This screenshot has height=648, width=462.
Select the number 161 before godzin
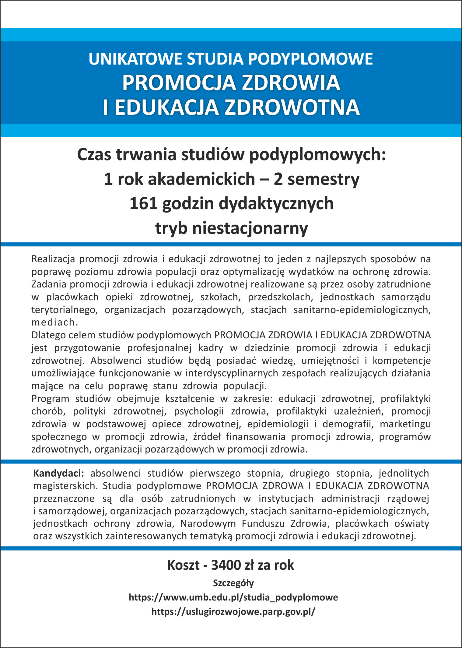click(143, 203)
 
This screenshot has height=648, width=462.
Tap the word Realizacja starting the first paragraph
click(53, 259)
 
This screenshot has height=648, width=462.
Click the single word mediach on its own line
click(54, 322)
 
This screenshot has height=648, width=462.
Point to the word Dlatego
click(49, 335)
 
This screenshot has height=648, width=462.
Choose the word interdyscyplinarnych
click(232, 373)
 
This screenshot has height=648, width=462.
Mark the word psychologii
click(199, 411)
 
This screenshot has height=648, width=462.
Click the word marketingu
click(405, 424)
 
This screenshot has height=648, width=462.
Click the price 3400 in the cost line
click(226, 565)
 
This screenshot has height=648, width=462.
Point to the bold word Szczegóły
click(233, 583)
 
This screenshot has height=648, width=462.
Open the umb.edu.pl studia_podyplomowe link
click(233, 597)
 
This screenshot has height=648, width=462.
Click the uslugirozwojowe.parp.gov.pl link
click(233, 611)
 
